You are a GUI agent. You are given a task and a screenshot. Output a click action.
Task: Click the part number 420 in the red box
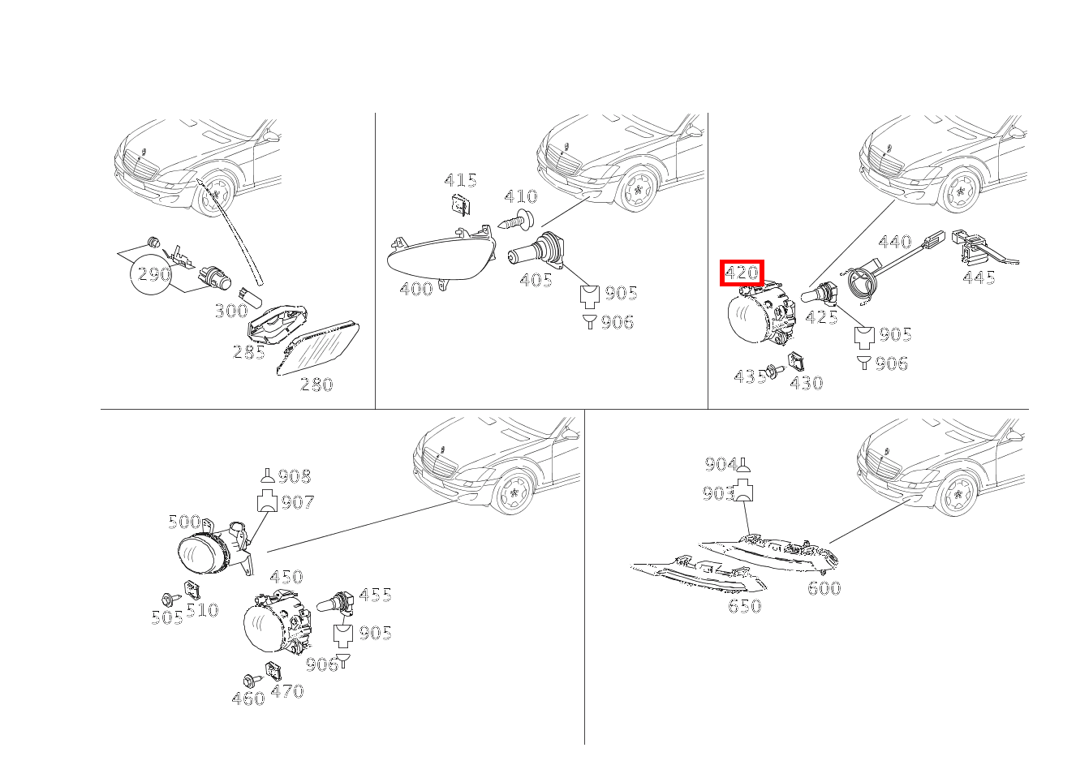[742, 273]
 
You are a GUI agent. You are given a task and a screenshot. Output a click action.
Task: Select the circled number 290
[153, 274]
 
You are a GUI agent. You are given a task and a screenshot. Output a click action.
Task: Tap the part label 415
[460, 181]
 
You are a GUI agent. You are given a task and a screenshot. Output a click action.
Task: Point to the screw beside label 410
[515, 221]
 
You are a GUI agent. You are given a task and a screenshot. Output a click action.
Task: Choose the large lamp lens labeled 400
[441, 256]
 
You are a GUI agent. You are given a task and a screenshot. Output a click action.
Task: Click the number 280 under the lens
[316, 384]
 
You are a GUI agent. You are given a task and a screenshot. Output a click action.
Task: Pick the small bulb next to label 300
[251, 298]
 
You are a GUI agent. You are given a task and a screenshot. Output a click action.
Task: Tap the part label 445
[979, 277]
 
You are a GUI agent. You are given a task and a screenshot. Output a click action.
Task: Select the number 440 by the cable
[894, 242]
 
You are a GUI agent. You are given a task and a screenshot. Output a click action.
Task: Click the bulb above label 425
[820, 293]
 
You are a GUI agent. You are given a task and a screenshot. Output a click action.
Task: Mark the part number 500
[184, 522]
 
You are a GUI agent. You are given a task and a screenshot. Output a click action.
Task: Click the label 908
[295, 476]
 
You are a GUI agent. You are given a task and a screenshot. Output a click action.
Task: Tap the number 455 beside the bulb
[375, 595]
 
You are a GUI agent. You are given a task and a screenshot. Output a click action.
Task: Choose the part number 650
[745, 606]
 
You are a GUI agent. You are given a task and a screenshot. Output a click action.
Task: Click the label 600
[824, 588]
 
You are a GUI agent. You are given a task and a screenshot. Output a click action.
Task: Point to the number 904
[721, 464]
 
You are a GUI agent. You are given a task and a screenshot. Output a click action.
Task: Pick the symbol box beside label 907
[268, 501]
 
